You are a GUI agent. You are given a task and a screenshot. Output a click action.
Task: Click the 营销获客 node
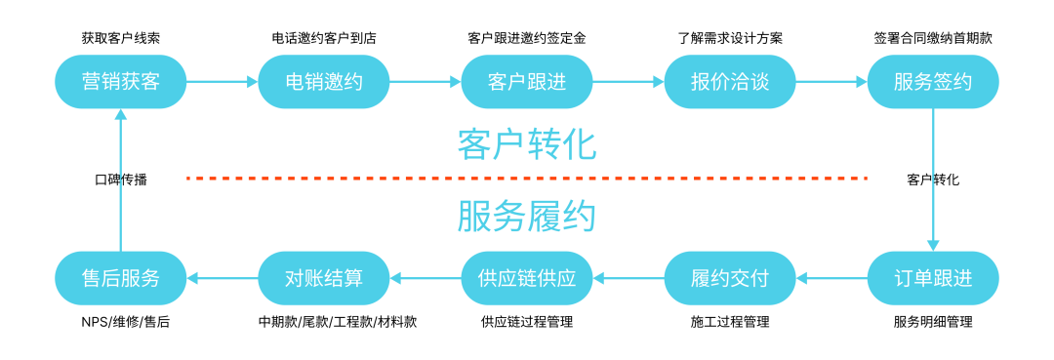[x=120, y=82]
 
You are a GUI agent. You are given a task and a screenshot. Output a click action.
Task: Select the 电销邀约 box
[x=323, y=82]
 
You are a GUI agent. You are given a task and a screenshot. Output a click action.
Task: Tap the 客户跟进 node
[x=526, y=82]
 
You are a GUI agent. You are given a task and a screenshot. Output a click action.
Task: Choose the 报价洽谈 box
[x=729, y=82]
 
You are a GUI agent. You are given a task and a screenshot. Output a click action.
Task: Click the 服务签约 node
[x=932, y=82]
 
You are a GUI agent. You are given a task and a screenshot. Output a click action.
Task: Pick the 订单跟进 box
[x=932, y=278]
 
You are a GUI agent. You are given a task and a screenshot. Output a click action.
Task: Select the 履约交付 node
[x=729, y=278]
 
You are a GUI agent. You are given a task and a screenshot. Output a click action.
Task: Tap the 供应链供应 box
[x=526, y=278]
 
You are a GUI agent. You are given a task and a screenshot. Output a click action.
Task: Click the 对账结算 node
[x=323, y=278]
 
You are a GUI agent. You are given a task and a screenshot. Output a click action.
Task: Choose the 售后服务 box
[x=120, y=278]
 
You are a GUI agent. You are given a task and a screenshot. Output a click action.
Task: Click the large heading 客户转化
[x=526, y=144]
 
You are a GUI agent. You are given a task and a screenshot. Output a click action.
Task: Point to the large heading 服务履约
[x=526, y=217]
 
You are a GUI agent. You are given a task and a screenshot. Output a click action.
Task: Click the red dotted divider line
[x=526, y=179]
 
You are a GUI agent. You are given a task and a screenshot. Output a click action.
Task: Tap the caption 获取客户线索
[x=120, y=39]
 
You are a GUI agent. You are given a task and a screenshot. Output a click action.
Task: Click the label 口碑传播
[x=120, y=180]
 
